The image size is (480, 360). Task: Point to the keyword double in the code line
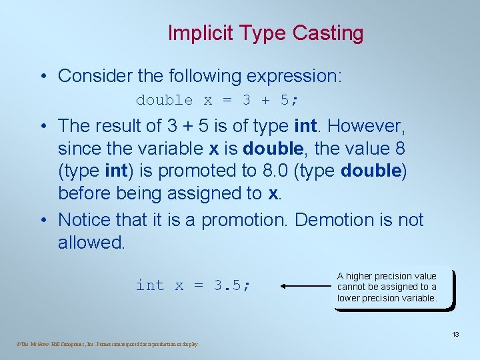coord(164,100)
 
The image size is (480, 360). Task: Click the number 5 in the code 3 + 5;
coord(285,100)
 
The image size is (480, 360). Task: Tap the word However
coord(365,125)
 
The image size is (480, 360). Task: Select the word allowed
coord(91,242)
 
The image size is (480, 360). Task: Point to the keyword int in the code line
coord(149,285)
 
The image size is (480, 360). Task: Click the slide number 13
coord(455,334)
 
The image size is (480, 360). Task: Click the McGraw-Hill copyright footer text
coord(107,344)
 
